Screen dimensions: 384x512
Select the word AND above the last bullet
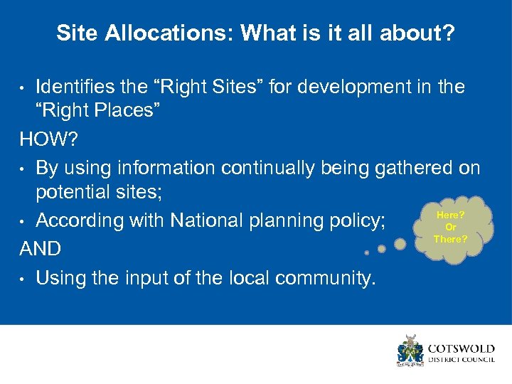tap(41, 249)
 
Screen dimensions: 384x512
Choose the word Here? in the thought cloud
tap(450, 215)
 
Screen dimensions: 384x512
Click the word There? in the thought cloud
tap(451, 239)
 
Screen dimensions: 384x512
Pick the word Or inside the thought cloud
tap(450, 227)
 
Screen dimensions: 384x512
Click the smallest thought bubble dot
tap(366, 252)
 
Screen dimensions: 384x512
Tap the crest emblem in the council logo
tap(410, 350)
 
